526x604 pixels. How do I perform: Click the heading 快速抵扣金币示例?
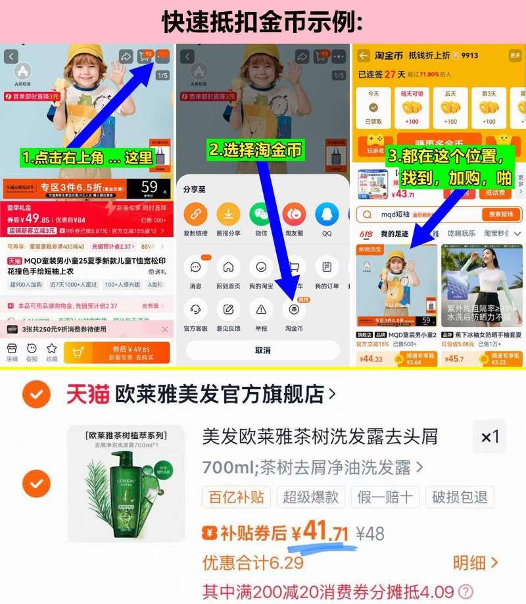click(x=262, y=22)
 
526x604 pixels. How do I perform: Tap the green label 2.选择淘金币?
click(x=256, y=150)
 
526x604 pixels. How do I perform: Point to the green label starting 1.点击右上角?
click(x=87, y=158)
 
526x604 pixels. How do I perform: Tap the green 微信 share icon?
click(x=260, y=214)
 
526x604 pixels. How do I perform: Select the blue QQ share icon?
click(x=326, y=214)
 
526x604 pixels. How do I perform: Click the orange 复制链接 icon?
click(x=195, y=214)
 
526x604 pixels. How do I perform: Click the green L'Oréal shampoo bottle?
click(x=126, y=484)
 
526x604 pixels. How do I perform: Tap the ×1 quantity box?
click(x=490, y=436)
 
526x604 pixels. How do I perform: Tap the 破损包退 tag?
click(x=460, y=497)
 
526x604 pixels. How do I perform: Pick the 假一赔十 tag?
click(x=384, y=497)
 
